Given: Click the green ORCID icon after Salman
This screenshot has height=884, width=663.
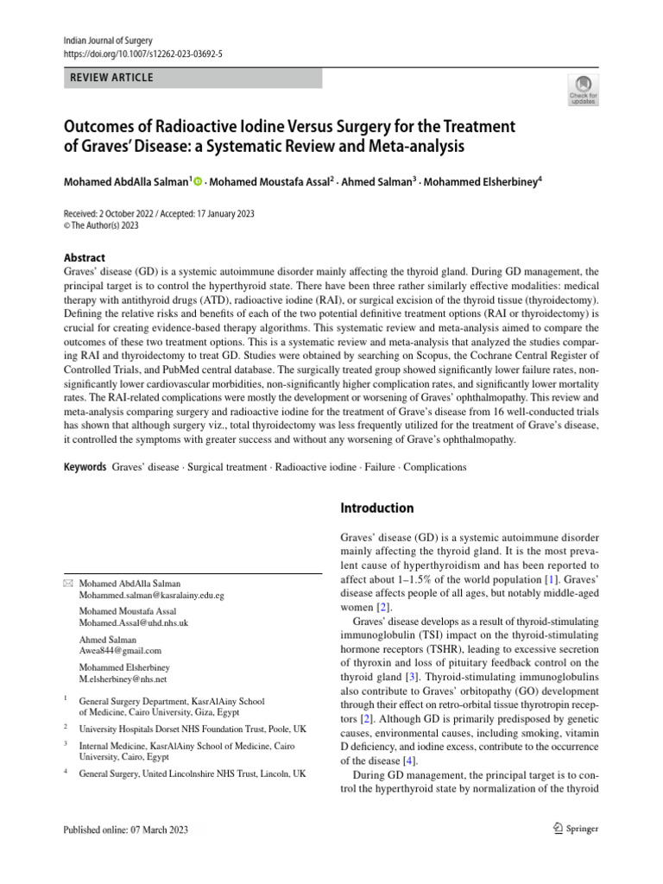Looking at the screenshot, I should (x=198, y=182).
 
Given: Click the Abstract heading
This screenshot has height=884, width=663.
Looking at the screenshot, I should (x=85, y=257).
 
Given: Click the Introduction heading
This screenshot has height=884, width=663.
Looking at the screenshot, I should (x=377, y=508).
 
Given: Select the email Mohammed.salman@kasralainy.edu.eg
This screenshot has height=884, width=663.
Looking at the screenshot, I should (x=151, y=596).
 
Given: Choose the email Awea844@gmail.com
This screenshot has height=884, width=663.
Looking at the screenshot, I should (x=120, y=651).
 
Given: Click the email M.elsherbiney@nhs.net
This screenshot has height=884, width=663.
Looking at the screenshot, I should (x=123, y=679).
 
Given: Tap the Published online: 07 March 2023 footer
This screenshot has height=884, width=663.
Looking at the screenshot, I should (x=125, y=830).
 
